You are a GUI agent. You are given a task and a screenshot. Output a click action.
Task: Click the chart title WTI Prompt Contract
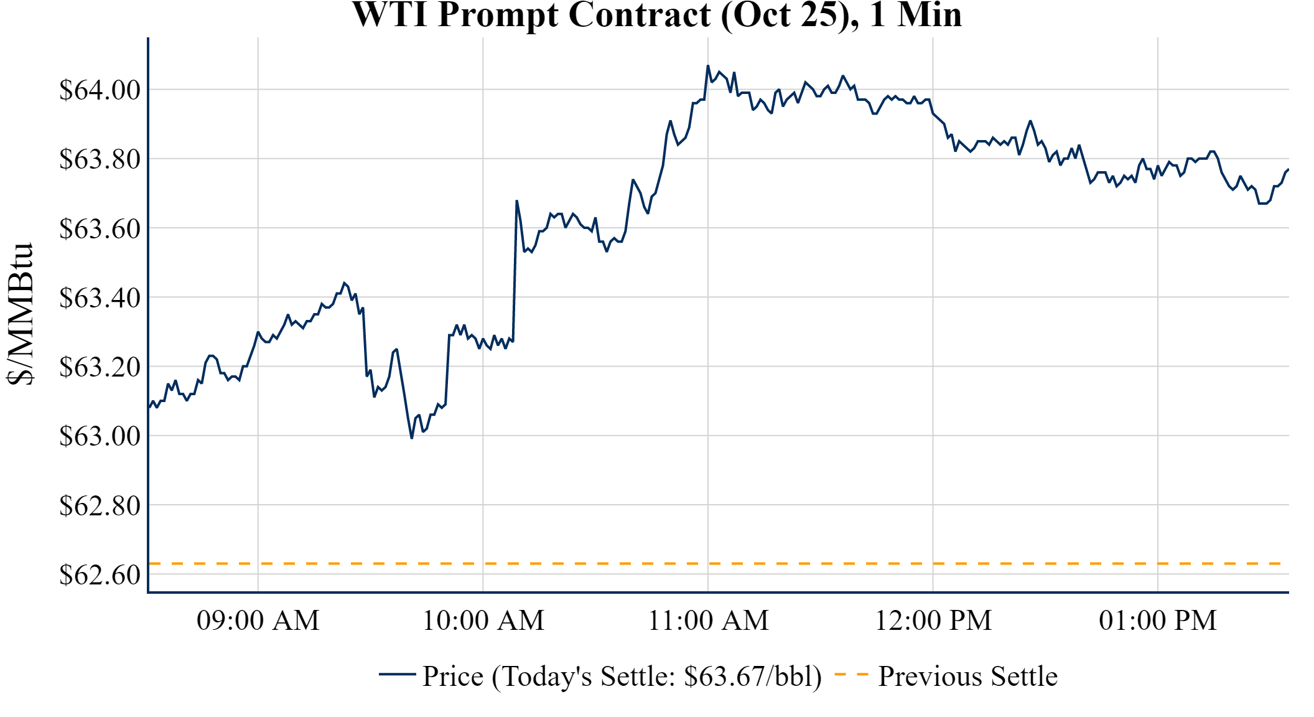(x=656, y=15)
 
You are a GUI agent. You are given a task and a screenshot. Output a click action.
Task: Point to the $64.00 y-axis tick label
(x=100, y=90)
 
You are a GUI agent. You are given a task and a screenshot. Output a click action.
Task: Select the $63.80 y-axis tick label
(x=100, y=159)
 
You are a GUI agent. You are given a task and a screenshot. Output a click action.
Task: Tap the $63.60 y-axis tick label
(x=100, y=228)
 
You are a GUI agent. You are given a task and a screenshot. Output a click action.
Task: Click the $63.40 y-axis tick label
(x=100, y=298)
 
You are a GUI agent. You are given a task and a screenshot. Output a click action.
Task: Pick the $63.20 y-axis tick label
(x=100, y=367)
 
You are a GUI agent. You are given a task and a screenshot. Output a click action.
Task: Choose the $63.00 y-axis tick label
(x=100, y=436)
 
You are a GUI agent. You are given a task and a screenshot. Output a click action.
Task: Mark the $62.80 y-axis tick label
(x=100, y=505)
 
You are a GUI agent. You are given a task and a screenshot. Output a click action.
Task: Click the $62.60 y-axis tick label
(x=100, y=574)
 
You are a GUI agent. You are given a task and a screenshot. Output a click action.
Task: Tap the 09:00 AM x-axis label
(x=258, y=621)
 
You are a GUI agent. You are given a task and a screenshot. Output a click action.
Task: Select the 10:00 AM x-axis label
(x=483, y=621)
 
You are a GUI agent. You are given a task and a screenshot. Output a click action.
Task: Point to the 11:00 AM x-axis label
(x=708, y=621)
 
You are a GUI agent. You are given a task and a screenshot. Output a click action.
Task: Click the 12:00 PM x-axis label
(x=933, y=621)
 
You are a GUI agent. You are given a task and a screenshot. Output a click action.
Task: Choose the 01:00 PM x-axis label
(x=1158, y=621)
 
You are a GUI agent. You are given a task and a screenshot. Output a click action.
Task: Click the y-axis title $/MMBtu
(x=21, y=314)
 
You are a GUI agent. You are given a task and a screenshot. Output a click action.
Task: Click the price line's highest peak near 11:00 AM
(x=708, y=65)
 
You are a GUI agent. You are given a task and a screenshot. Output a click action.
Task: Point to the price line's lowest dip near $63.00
(x=412, y=438)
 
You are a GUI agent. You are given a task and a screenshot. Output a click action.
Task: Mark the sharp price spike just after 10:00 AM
(x=516, y=201)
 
